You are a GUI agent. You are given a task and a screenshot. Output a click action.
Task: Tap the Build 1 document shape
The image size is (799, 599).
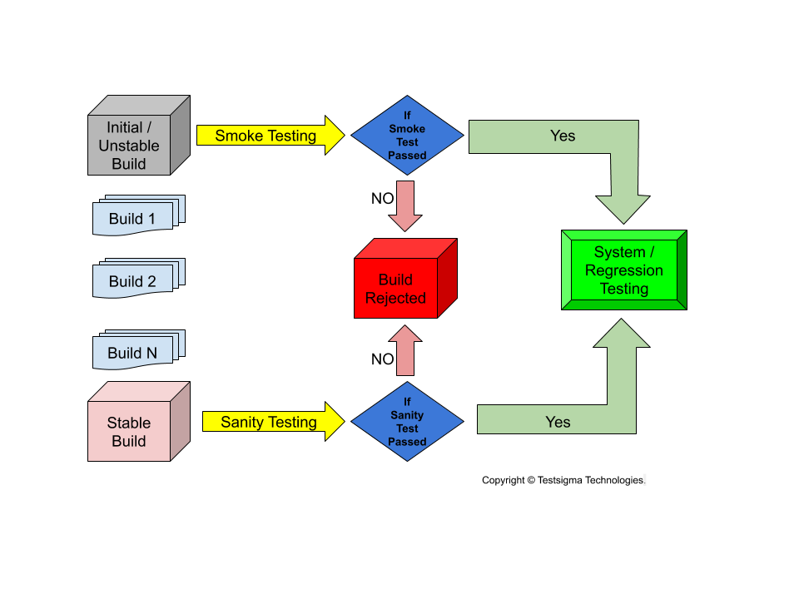(x=133, y=219)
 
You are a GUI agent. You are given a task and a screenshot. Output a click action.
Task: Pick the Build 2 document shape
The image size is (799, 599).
(x=133, y=281)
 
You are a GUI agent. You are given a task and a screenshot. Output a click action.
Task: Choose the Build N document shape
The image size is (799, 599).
(x=133, y=353)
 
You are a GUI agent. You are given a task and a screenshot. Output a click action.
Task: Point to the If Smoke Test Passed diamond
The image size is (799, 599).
(x=407, y=136)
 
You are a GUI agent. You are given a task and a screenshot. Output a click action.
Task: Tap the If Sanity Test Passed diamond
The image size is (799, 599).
(x=407, y=422)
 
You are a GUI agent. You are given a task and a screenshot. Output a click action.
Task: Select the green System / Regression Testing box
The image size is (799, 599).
(x=624, y=270)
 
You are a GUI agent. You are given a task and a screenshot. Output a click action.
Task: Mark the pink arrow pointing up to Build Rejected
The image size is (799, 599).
(x=405, y=350)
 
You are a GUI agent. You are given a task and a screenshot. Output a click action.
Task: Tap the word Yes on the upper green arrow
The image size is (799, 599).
(x=563, y=136)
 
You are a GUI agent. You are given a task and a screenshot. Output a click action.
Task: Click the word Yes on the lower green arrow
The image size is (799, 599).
(x=558, y=422)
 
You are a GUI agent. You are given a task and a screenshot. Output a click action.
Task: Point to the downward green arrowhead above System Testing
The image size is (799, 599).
(x=623, y=208)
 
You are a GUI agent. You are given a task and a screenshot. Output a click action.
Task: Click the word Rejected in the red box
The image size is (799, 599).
(x=396, y=298)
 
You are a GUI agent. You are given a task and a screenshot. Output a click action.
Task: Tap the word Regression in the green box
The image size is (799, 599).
(x=624, y=270)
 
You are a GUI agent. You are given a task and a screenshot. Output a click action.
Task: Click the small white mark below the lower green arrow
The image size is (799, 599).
(x=645, y=479)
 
